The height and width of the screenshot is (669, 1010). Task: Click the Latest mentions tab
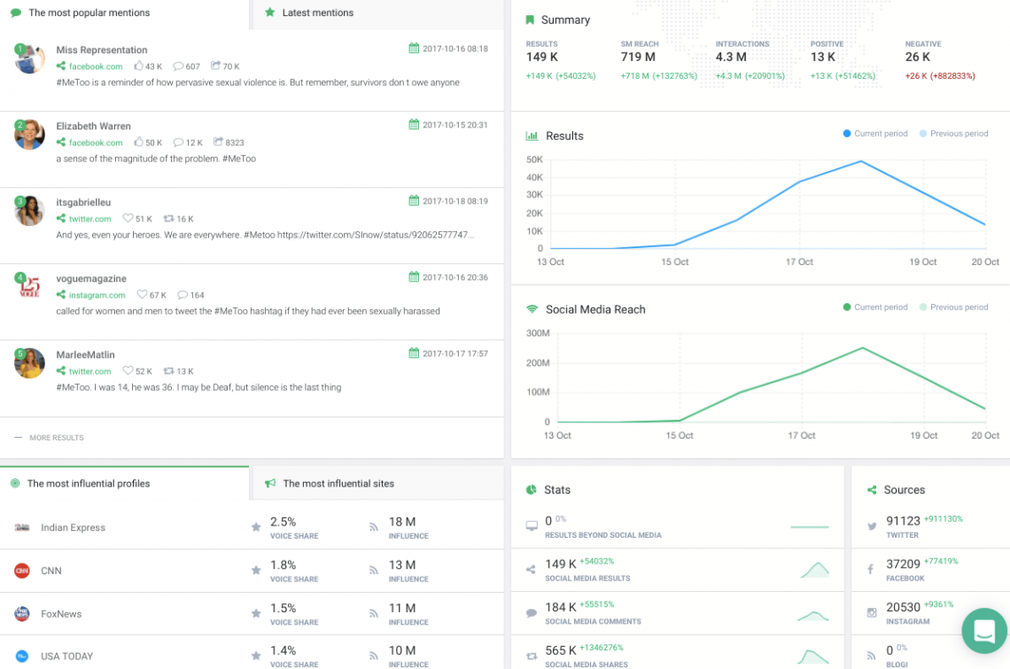click(316, 13)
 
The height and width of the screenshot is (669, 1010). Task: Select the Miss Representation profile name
click(102, 51)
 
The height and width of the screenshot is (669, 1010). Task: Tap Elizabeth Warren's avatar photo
click(29, 134)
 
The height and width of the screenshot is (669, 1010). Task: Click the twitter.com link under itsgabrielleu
click(89, 219)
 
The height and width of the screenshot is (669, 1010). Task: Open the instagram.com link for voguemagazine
click(97, 295)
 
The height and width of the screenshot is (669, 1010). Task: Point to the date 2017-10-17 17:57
click(454, 354)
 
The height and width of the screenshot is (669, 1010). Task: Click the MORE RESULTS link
click(56, 438)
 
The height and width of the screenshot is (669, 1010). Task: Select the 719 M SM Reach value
click(638, 58)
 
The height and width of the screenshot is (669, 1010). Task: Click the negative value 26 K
click(918, 58)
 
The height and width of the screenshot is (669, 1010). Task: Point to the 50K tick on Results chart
click(534, 159)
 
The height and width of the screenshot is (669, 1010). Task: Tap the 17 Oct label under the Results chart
click(799, 262)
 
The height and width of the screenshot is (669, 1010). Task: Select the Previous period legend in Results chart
click(959, 134)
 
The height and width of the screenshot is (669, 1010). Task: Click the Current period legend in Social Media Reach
click(880, 307)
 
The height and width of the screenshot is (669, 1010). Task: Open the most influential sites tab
click(338, 484)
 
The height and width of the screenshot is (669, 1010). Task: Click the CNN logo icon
click(22, 571)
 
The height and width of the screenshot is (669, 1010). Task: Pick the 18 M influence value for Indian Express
click(402, 522)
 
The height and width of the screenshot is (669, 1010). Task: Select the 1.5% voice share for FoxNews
click(284, 608)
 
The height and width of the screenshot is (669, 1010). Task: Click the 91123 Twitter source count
click(902, 522)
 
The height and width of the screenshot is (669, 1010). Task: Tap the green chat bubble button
click(983, 630)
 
